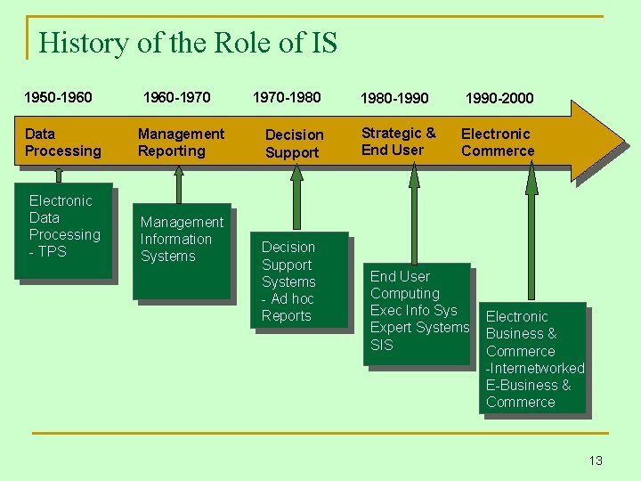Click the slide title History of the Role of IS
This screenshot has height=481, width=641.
pyautogui.click(x=188, y=42)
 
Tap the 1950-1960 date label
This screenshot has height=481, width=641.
pyautogui.click(x=58, y=97)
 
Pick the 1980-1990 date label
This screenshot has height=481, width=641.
pyautogui.click(x=394, y=98)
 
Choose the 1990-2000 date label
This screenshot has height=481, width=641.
pyautogui.click(x=499, y=98)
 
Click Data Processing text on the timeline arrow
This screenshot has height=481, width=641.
pyautogui.click(x=62, y=143)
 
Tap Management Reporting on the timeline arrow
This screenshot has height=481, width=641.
pyautogui.click(x=181, y=143)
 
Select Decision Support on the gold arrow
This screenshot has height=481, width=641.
pyautogui.click(x=294, y=143)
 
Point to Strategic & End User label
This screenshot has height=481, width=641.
pyautogui.click(x=398, y=142)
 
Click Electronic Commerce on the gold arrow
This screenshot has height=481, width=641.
pyautogui.click(x=497, y=143)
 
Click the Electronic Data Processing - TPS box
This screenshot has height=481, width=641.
pyautogui.click(x=63, y=230)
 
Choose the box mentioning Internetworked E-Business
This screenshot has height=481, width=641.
pyautogui.click(x=533, y=358)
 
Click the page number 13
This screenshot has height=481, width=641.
pyautogui.click(x=596, y=461)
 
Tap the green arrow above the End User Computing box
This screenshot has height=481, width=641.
pyautogui.click(x=414, y=214)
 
